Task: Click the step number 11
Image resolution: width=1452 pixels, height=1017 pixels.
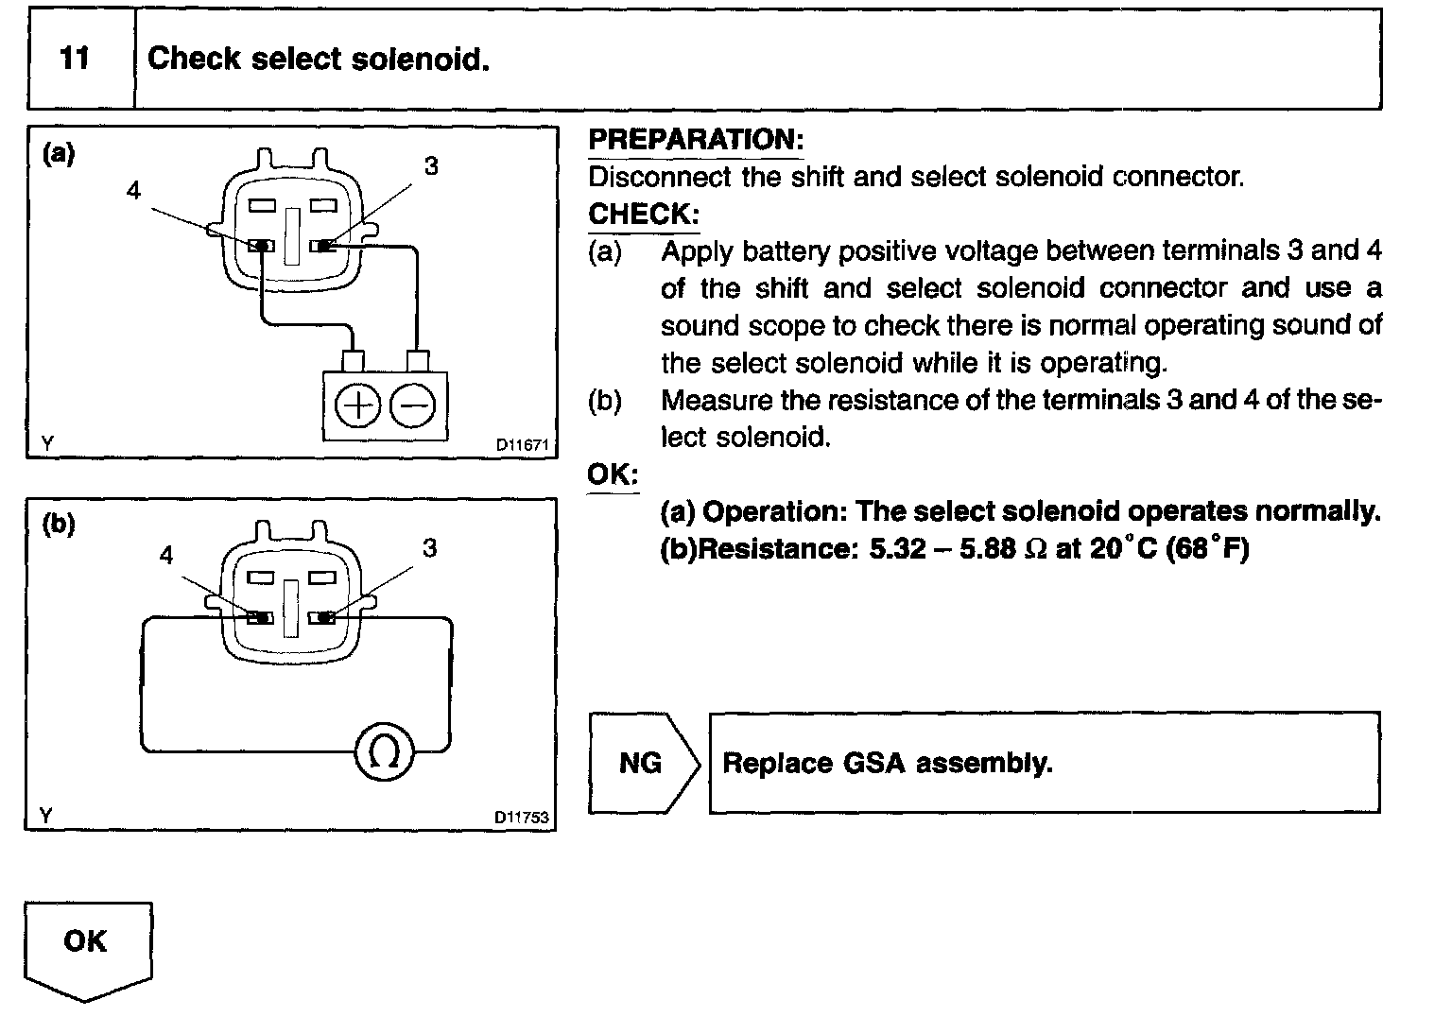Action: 75,59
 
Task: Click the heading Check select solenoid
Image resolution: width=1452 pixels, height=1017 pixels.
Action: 319,59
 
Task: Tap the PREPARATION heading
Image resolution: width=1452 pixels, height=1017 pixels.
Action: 695,140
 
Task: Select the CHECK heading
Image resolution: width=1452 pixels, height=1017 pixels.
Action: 643,214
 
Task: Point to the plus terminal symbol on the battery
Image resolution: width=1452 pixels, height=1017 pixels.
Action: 357,407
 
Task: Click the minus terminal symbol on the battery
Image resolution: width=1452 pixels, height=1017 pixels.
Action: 413,407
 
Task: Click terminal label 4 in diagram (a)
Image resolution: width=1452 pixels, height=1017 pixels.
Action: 133,190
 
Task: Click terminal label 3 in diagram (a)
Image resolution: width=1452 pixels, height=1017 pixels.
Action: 431,166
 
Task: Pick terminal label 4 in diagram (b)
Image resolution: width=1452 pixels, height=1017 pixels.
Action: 166,555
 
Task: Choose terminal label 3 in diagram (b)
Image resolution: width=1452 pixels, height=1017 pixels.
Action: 430,548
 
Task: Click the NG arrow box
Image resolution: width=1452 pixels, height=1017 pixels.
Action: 642,763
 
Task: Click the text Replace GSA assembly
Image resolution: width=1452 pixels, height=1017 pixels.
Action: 887,763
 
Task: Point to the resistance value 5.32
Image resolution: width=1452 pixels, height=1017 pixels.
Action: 897,549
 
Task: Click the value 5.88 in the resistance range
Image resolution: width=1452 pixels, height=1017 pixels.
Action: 987,549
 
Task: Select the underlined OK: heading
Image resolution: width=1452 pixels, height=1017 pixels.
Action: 613,474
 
